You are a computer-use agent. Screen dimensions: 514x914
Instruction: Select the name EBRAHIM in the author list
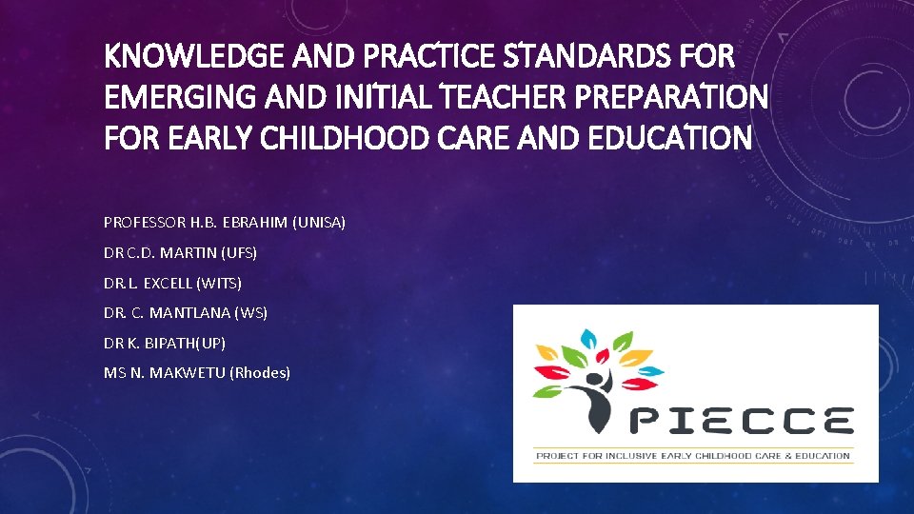[256, 223]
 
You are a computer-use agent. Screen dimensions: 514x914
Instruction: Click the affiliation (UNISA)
[319, 223]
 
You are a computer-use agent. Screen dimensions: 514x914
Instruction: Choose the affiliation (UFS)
[238, 253]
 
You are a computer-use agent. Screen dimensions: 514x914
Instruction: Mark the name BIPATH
[175, 343]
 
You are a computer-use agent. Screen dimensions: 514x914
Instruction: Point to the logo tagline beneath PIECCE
[693, 456]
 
